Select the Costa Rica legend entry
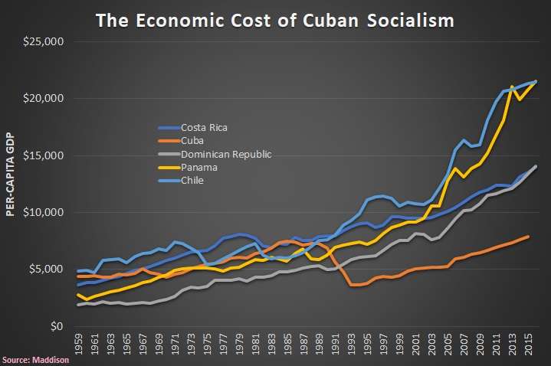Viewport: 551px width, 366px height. point(204,127)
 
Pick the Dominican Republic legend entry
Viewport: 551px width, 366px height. point(225,154)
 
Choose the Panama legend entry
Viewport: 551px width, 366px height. point(197,167)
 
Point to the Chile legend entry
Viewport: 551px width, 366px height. point(192,180)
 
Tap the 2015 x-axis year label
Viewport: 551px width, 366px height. point(527,344)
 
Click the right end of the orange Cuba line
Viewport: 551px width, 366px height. point(528,237)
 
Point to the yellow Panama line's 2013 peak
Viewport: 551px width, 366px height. point(512,87)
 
